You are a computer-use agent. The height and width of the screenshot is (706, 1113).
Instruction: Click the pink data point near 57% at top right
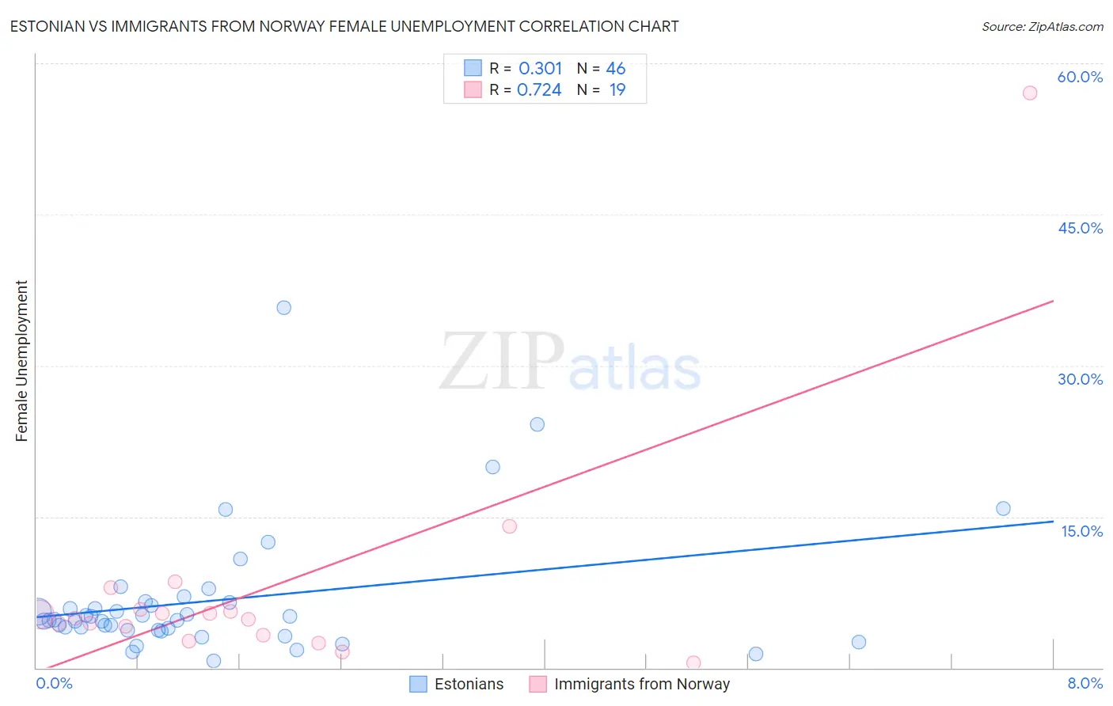(1029, 93)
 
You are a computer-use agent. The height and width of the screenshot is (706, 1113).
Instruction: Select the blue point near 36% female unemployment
(283, 307)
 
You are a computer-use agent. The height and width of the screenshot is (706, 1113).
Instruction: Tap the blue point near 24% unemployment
(537, 424)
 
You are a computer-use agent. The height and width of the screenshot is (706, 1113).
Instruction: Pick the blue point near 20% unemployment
(492, 467)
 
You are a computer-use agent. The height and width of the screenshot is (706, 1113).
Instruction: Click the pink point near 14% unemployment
(509, 526)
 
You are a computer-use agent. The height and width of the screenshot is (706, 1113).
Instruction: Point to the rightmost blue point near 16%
(1003, 509)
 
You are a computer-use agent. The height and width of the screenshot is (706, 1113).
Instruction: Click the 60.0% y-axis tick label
(1080, 77)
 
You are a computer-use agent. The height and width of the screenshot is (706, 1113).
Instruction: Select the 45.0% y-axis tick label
(1080, 228)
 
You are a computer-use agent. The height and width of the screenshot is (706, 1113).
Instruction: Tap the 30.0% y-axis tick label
(1080, 379)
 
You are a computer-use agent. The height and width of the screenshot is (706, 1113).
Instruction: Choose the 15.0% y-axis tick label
(1081, 531)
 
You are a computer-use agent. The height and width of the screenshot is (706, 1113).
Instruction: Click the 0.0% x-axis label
(54, 683)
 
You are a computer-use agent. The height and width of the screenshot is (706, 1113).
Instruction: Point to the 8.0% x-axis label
(1085, 683)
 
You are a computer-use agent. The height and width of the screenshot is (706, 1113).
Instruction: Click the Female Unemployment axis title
(21, 360)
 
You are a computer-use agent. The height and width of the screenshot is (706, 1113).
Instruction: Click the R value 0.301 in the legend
(540, 68)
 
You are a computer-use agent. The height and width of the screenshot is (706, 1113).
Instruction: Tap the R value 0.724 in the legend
(539, 89)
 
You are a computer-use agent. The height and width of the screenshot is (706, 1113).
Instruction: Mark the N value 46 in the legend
(615, 68)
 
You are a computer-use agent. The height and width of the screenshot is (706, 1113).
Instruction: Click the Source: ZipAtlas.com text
(1042, 26)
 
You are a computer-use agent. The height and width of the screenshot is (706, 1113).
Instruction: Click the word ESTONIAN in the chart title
(45, 26)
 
